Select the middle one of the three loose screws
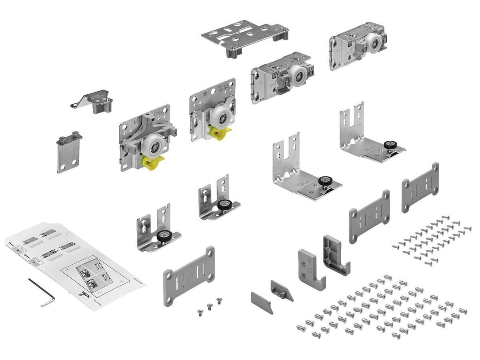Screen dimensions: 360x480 point(209,306)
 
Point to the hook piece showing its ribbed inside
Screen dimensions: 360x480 point(335,256)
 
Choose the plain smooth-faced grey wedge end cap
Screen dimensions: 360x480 point(262,302)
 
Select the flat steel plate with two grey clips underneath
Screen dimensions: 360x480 point(245,36)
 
